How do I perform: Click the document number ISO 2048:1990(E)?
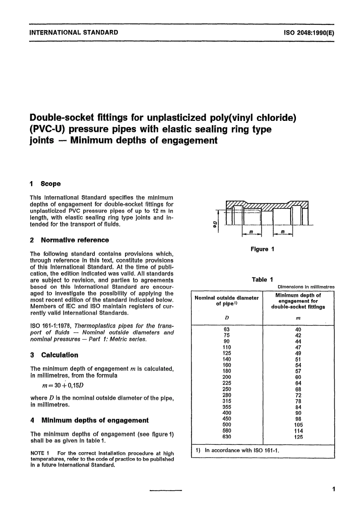pos(309,33)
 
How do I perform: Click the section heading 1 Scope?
pos(45,184)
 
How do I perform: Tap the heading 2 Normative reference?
pos(70,240)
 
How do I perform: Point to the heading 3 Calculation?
pos(55,355)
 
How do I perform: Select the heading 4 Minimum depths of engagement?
pos(89,420)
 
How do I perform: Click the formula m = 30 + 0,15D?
pos(63,385)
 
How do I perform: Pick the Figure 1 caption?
pos(262,249)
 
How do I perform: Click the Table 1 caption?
pos(262,280)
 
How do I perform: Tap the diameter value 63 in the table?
pos(227,330)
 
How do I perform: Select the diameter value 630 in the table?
pos(227,437)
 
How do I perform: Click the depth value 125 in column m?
pos(298,437)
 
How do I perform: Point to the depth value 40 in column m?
pos(298,330)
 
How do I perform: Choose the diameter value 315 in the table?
pos(227,401)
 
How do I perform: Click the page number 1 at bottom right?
pos(333,489)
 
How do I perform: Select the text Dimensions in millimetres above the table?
pos(306,287)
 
